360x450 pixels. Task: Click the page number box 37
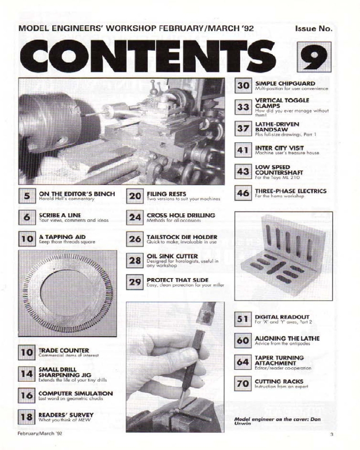pos(244,128)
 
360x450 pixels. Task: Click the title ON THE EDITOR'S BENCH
pos(76,194)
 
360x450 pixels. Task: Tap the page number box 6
pos(27,217)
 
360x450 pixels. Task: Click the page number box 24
pos(135,217)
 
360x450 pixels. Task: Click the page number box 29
pos(135,283)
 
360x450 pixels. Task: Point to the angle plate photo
pos(283,255)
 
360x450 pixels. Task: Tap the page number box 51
pos(243,319)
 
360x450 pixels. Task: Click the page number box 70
pos(243,384)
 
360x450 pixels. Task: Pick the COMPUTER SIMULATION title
pos(76,393)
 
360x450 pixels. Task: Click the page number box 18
pos(27,417)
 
